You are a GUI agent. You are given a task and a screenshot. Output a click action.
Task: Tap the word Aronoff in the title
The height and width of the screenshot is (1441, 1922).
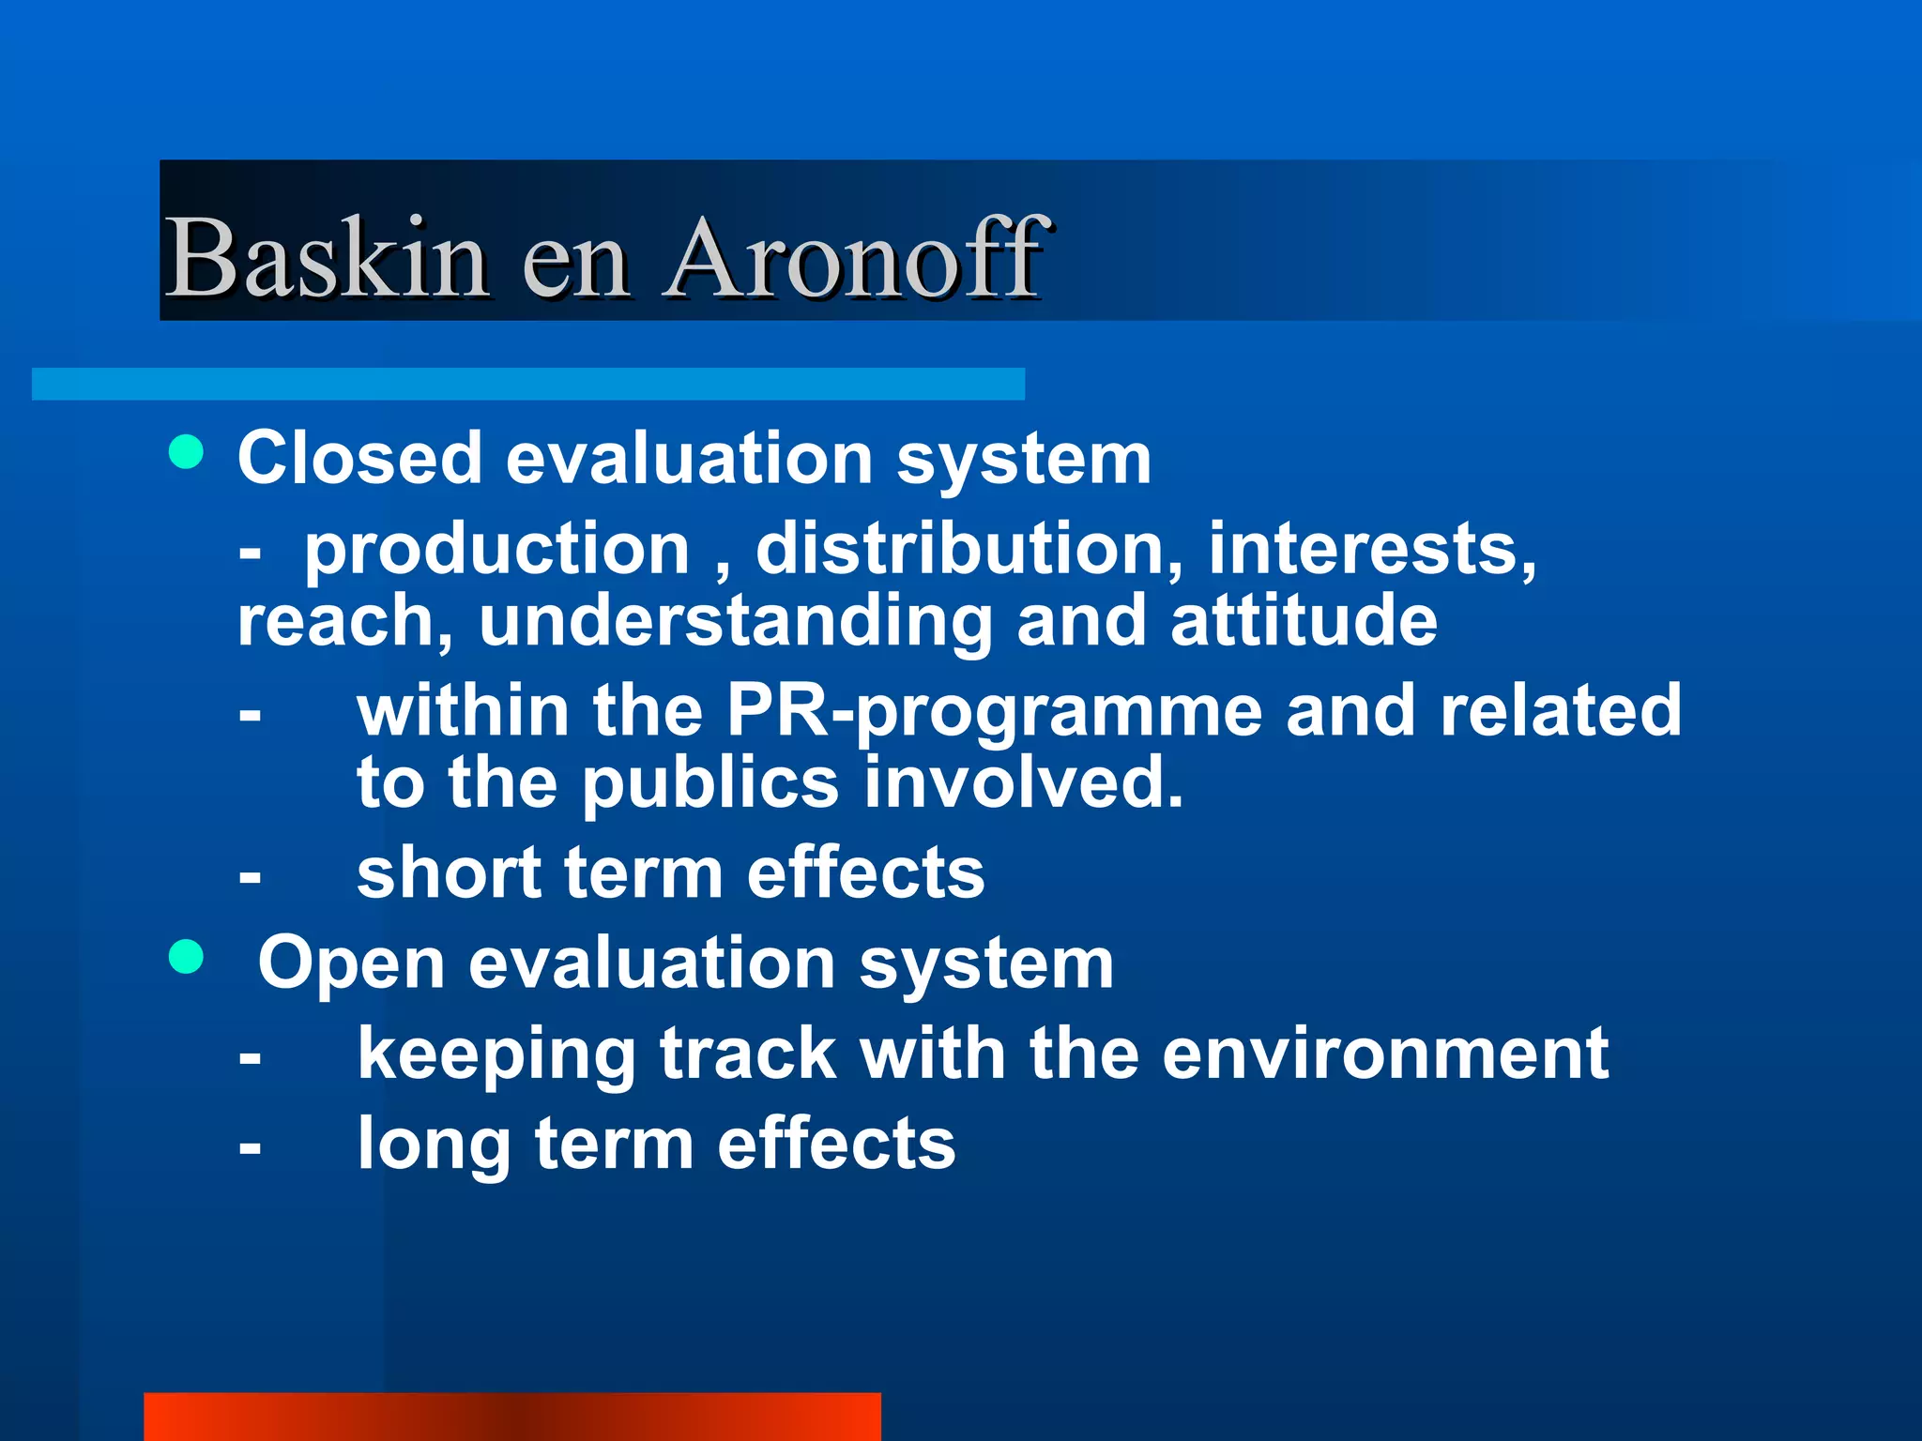[x=855, y=257]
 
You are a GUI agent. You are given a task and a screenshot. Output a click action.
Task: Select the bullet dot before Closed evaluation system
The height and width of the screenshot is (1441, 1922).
[x=187, y=452]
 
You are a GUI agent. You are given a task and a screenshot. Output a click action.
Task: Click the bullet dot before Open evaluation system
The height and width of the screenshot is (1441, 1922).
[x=187, y=958]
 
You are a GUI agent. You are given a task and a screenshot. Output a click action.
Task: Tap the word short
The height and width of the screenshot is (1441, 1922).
[x=449, y=872]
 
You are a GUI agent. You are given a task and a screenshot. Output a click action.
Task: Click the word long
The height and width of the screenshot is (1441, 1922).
[x=434, y=1145]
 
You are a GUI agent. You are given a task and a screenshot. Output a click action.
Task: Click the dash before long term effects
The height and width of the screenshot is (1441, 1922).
[x=250, y=1146]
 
